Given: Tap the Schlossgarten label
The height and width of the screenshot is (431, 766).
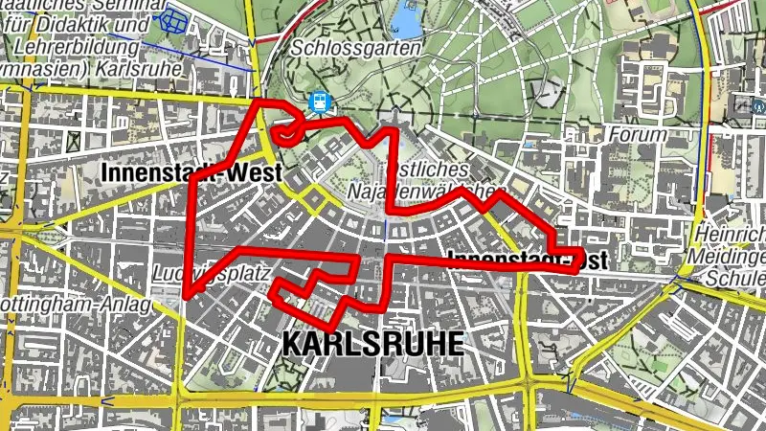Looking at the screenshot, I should click(x=359, y=48).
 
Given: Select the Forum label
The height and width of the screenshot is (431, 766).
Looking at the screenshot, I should click(x=637, y=135).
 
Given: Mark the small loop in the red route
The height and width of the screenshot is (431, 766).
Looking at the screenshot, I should click(x=286, y=132).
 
